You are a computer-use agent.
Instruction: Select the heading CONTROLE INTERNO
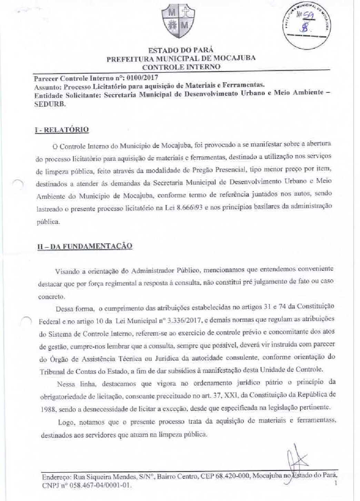[x=181, y=67]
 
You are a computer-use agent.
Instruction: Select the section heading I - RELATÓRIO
[x=62, y=130]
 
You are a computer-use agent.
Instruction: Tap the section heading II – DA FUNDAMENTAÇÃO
[x=84, y=246]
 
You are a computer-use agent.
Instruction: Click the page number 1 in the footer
[x=335, y=485]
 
